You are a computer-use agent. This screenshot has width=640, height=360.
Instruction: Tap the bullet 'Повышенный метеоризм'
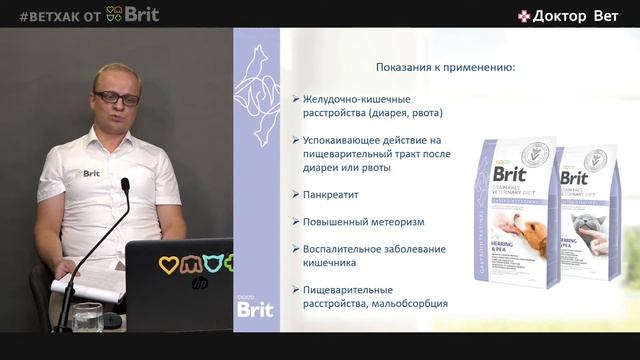(x=358, y=221)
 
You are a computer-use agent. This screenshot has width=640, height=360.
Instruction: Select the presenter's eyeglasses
(x=117, y=98)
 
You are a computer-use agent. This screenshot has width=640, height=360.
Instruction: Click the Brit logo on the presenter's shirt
(x=89, y=173)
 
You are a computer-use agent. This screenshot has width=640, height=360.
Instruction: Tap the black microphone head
(x=125, y=187)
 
